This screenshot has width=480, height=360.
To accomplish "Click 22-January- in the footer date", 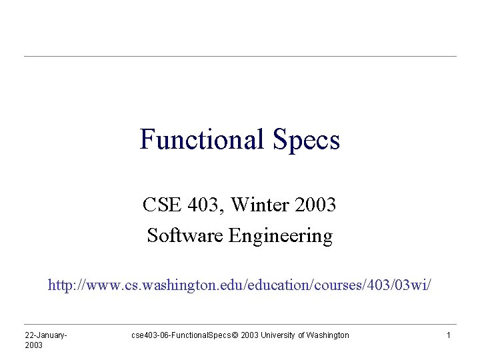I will click(47, 335).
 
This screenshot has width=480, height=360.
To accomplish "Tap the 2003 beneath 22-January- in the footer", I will click(33, 345).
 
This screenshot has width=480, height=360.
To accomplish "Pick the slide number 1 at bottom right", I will click(449, 335).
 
